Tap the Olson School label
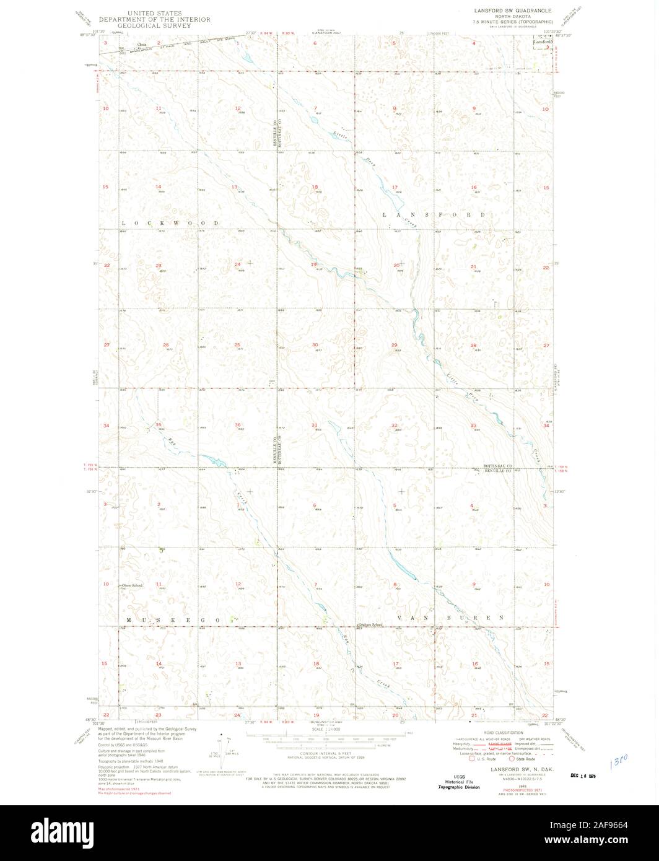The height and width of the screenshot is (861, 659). tap(132, 585)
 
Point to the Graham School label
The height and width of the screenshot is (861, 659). tap(370, 624)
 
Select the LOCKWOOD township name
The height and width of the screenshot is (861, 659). tap(170, 222)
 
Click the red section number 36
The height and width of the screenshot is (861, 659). tap(238, 424)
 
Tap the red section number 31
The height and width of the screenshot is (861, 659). tap(315, 424)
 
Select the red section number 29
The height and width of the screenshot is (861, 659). tap(394, 344)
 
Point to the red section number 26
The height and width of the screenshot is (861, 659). tap(165, 344)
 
